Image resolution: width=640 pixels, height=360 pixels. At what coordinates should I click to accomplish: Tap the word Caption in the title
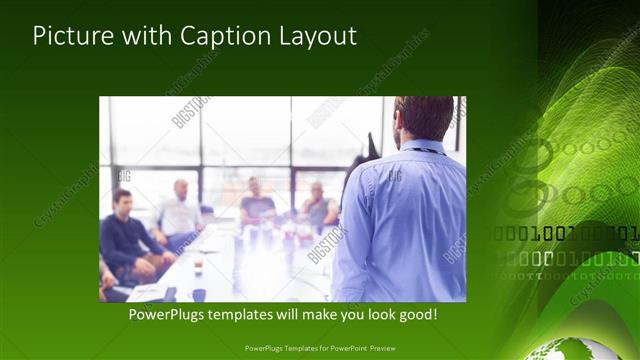click(225, 36)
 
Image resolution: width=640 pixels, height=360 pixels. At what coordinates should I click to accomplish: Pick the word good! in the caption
click(415, 314)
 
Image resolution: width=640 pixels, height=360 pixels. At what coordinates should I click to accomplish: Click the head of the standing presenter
click(424, 118)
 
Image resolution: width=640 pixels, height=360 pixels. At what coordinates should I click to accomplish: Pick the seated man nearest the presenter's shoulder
click(319, 206)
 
